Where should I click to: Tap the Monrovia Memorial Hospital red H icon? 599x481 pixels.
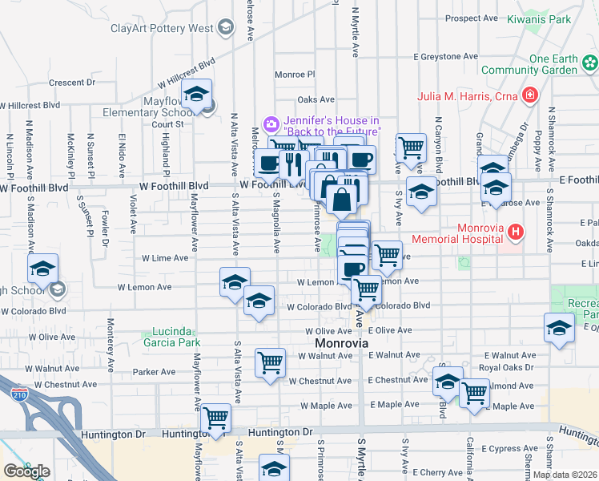pyautogui.click(x=516, y=232)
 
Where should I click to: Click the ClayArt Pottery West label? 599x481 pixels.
pyautogui.click(x=163, y=28)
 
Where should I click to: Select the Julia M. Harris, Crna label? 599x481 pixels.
pyautogui.click(x=468, y=97)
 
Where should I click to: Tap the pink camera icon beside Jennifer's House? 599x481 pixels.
pyautogui.click(x=271, y=123)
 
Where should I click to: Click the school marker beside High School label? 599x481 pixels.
pyautogui.click(x=43, y=268)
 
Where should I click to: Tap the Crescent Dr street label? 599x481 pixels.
pyautogui.click(x=71, y=83)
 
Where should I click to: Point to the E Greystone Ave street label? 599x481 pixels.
pyautogui.click(x=445, y=57)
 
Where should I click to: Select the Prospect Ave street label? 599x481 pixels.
pyautogui.click(x=472, y=18)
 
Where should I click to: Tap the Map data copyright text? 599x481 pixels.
pyautogui.click(x=565, y=475)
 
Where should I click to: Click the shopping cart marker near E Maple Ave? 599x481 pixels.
pyautogui.click(x=474, y=393)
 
